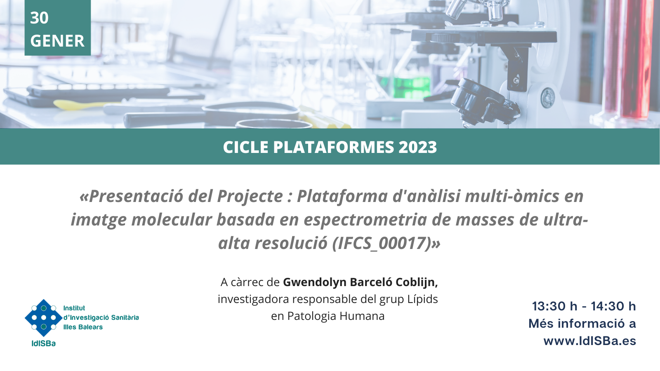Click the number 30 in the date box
[x=39, y=18]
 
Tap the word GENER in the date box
[x=57, y=41]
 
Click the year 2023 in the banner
[x=417, y=147]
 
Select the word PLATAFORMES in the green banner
[x=334, y=147]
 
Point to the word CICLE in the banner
[x=246, y=147]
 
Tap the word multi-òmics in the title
[x=512, y=196]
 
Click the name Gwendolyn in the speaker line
[x=314, y=282]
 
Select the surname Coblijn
[x=417, y=282]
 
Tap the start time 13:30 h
[x=554, y=307]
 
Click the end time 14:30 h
[x=613, y=307]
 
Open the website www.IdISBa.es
[x=590, y=341]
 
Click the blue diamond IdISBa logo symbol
[x=44, y=318]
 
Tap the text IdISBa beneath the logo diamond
[x=44, y=343]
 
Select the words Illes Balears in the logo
[x=83, y=327]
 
